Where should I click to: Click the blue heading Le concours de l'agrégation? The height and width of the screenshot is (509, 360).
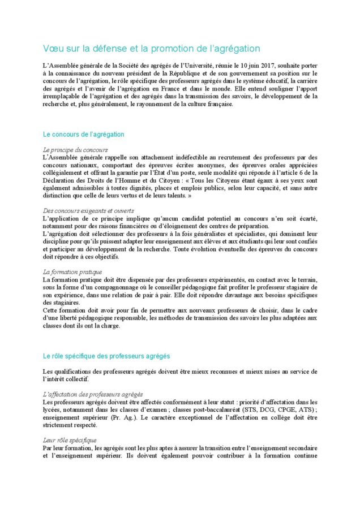(x=83, y=135)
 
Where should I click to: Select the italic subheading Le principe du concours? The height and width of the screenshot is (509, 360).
(x=75, y=149)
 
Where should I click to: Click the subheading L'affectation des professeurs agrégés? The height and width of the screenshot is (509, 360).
(x=93, y=394)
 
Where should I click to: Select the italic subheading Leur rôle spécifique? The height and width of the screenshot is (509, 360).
(x=70, y=439)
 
